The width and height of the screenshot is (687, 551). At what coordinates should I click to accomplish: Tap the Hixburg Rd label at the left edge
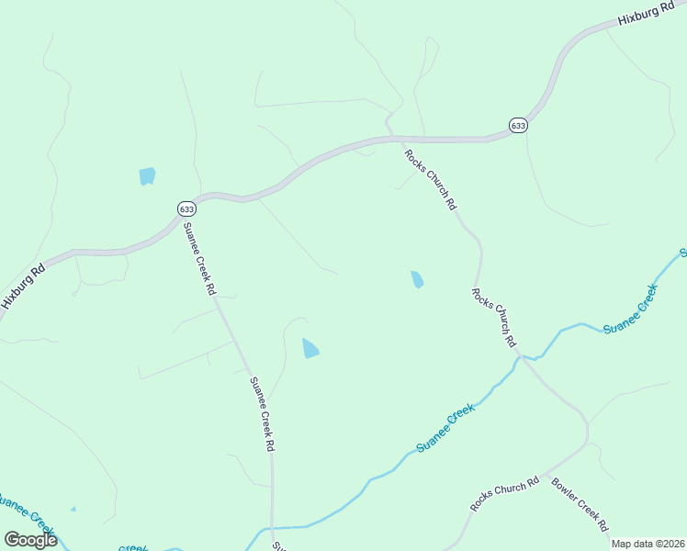22,287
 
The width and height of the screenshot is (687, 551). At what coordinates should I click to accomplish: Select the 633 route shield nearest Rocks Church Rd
518,125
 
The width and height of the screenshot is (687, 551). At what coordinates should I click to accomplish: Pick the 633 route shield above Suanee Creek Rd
186,208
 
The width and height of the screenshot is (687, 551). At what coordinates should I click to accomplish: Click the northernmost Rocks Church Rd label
430,180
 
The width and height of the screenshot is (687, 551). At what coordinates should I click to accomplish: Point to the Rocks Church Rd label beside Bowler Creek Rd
503,495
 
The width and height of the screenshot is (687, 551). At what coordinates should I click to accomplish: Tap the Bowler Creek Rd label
580,504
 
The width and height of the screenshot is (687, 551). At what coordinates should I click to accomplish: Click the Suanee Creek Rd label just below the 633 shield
198,259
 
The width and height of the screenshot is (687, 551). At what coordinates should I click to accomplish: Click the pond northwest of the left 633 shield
147,175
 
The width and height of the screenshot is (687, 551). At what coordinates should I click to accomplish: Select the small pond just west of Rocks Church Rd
417,279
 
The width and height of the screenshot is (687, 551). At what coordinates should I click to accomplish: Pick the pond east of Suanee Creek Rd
310,348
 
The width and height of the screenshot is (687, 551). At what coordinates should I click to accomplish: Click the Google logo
30,540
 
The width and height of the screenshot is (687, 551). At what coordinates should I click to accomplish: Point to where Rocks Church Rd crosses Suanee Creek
520,356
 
